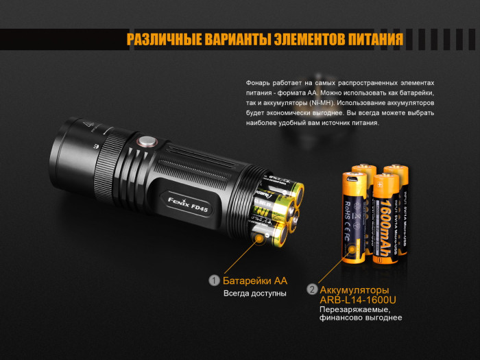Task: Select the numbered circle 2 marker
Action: (312, 290)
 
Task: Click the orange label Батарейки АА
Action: (254, 280)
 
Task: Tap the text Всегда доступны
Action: (254, 293)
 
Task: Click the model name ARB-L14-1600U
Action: (358, 300)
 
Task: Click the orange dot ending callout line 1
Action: (261, 237)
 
